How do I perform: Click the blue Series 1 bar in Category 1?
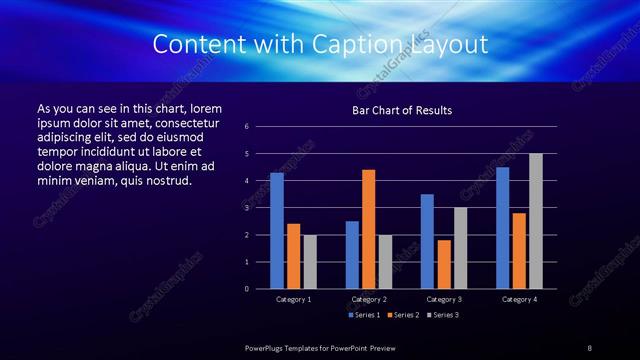pos(277,231)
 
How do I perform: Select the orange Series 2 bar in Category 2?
pos(369,229)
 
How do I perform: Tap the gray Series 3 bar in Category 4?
pos(536,221)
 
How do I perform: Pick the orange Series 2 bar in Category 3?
pos(444,264)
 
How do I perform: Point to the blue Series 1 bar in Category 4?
pos(503,228)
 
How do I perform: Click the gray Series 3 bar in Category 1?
pos(310,262)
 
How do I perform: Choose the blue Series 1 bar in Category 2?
pos(352,255)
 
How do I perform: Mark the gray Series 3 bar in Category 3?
pos(461,248)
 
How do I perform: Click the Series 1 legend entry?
pos(363,315)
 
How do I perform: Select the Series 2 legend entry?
pos(403,315)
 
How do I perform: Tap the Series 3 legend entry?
pos(443,315)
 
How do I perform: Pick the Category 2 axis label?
pos(369,299)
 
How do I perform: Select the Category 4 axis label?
pos(519,299)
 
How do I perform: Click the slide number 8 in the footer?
pos(590,347)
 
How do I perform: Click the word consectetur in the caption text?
pos(185,121)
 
